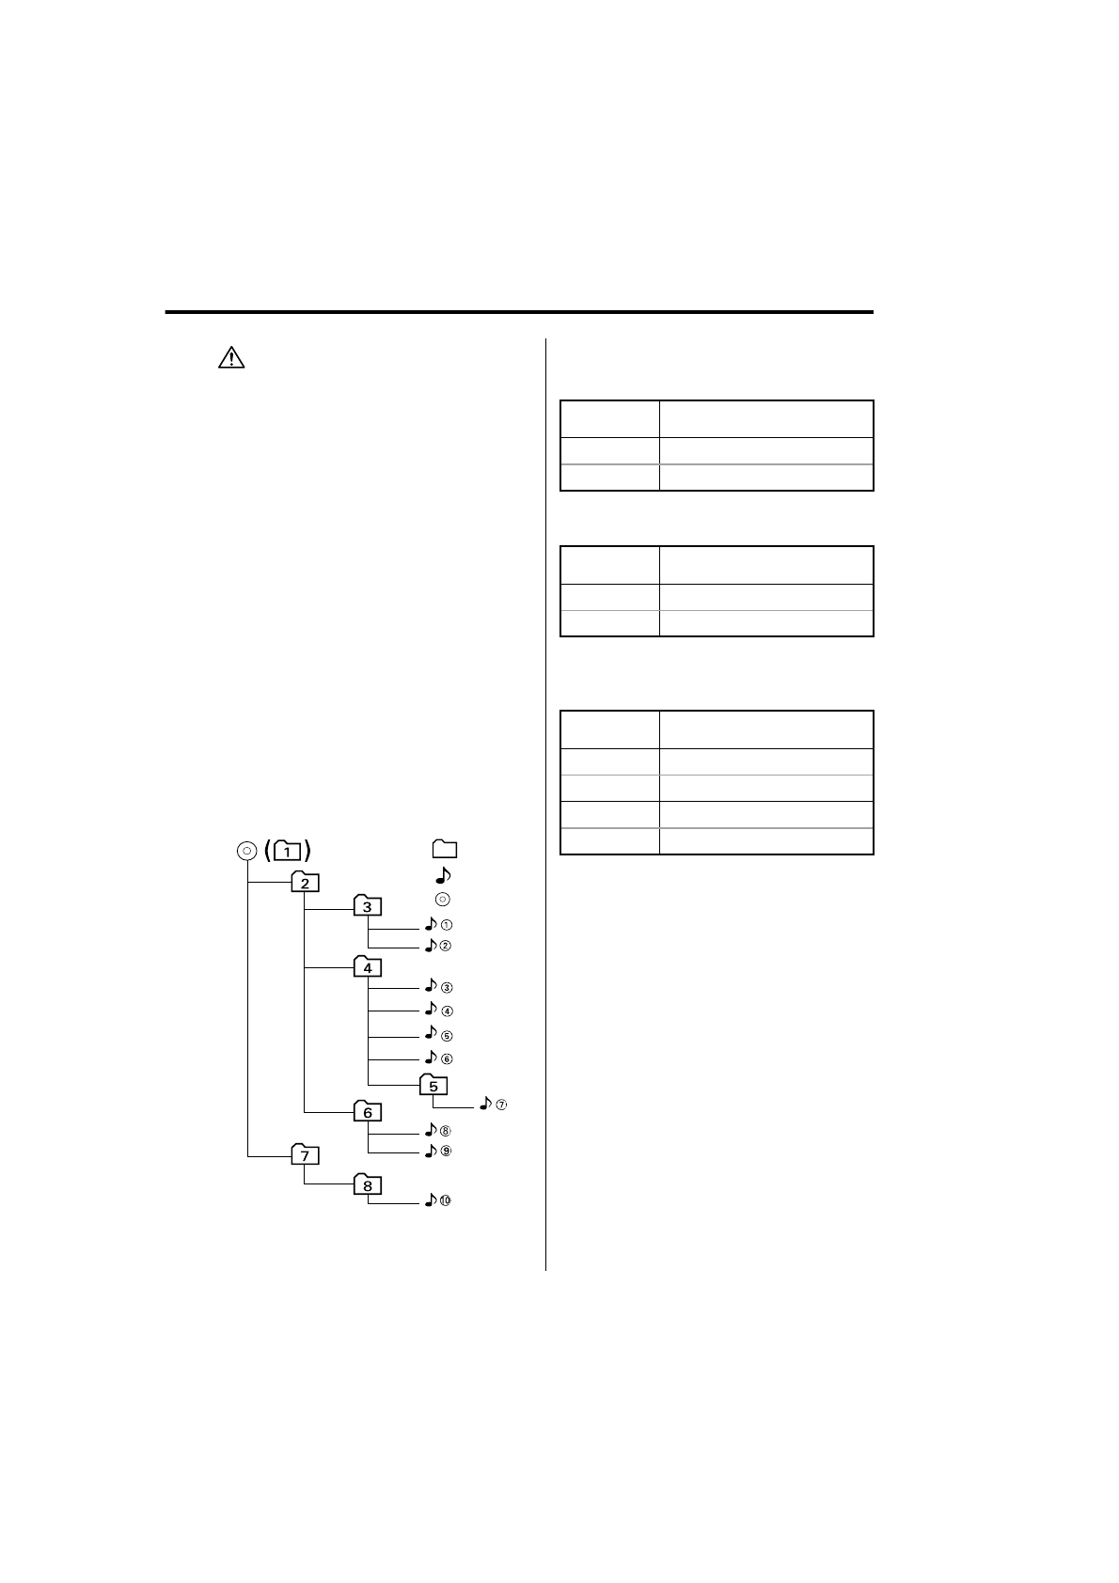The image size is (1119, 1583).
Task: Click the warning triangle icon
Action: click(x=231, y=357)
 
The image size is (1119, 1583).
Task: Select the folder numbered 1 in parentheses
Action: click(x=287, y=850)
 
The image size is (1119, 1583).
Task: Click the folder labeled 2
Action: click(x=305, y=881)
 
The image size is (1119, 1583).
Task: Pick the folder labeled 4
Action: click(x=368, y=966)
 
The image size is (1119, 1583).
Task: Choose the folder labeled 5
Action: click(x=433, y=1084)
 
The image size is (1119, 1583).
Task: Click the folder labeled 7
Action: click(x=305, y=1154)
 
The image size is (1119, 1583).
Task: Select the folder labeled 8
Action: click(x=368, y=1184)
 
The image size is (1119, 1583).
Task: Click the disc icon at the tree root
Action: click(x=246, y=851)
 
